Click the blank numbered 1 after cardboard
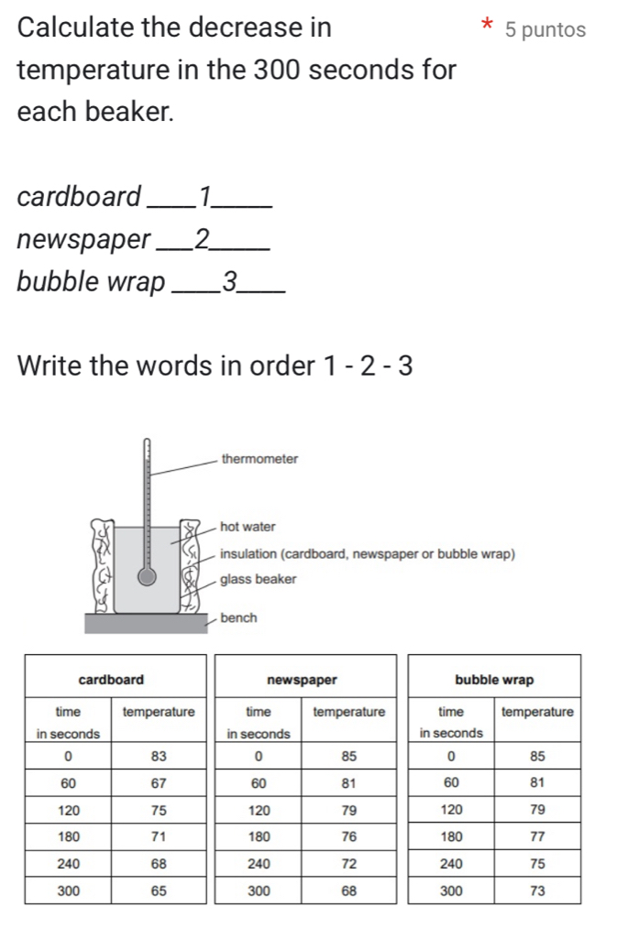coord(207,196)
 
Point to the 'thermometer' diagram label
coord(259,458)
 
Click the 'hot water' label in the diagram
coord(248,527)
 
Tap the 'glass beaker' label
coord(259,579)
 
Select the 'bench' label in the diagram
coord(238,618)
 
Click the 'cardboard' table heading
coord(112,680)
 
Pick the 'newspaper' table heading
coord(303,680)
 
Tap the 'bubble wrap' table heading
coord(493,680)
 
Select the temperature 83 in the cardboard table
coord(158,756)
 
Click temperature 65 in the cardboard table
coord(158,890)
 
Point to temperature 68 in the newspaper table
coord(348,890)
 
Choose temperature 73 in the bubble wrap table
coord(537,890)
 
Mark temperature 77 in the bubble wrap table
coord(537,836)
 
